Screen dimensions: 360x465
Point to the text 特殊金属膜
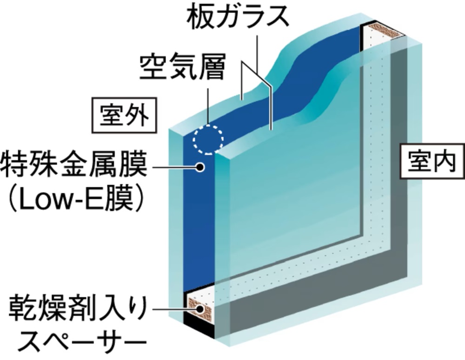74,166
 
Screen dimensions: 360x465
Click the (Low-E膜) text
74,200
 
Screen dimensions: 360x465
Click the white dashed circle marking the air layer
208,138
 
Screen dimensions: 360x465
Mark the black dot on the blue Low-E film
200,167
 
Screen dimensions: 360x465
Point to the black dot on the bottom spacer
199,308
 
